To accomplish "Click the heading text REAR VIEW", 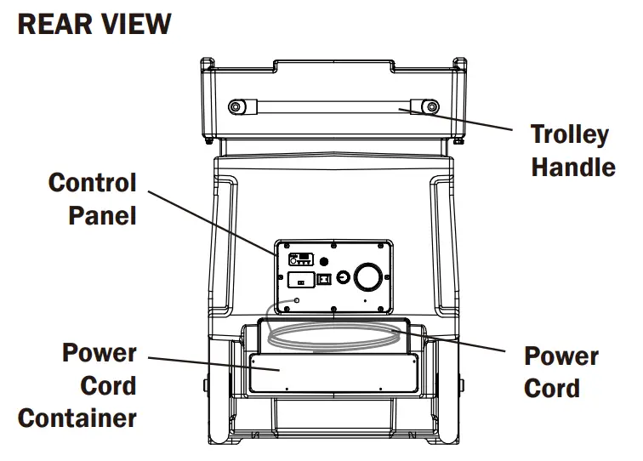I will (x=94, y=23).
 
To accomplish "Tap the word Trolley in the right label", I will (x=569, y=134).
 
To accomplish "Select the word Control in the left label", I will (x=92, y=182).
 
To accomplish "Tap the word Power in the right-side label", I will (x=562, y=356).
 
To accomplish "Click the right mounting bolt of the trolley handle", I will (x=431, y=106).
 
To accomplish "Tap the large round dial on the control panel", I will (x=368, y=276).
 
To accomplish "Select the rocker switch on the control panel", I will (x=323, y=277).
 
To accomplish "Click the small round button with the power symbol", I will (x=343, y=277).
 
